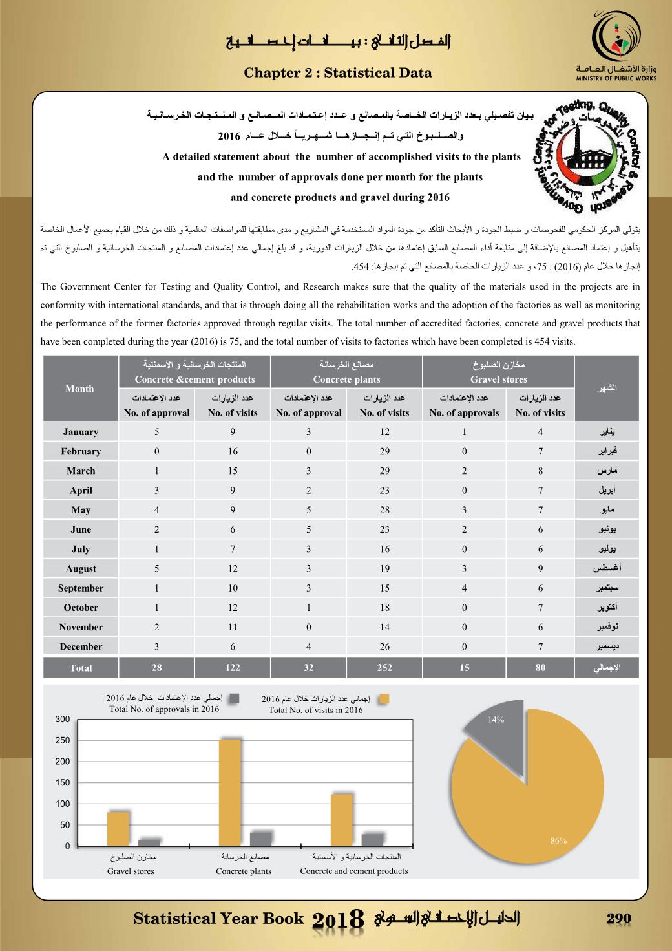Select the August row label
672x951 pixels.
(81, 568)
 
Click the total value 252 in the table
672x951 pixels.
(384, 668)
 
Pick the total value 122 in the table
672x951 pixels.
(233, 668)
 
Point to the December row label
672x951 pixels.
(81, 646)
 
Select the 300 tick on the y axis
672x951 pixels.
(63, 719)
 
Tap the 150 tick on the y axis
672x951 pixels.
(63, 782)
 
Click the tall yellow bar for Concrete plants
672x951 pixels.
(230, 792)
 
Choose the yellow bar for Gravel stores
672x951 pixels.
(118, 828)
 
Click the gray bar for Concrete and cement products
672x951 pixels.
(372, 839)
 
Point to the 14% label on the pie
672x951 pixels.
(496, 720)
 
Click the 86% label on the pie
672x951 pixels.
(558, 840)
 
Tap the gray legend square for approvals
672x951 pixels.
(235, 698)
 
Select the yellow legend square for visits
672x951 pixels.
(384, 699)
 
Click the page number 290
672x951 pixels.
(618, 919)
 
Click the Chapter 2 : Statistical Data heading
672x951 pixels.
(338, 73)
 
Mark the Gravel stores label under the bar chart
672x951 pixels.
(131, 871)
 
